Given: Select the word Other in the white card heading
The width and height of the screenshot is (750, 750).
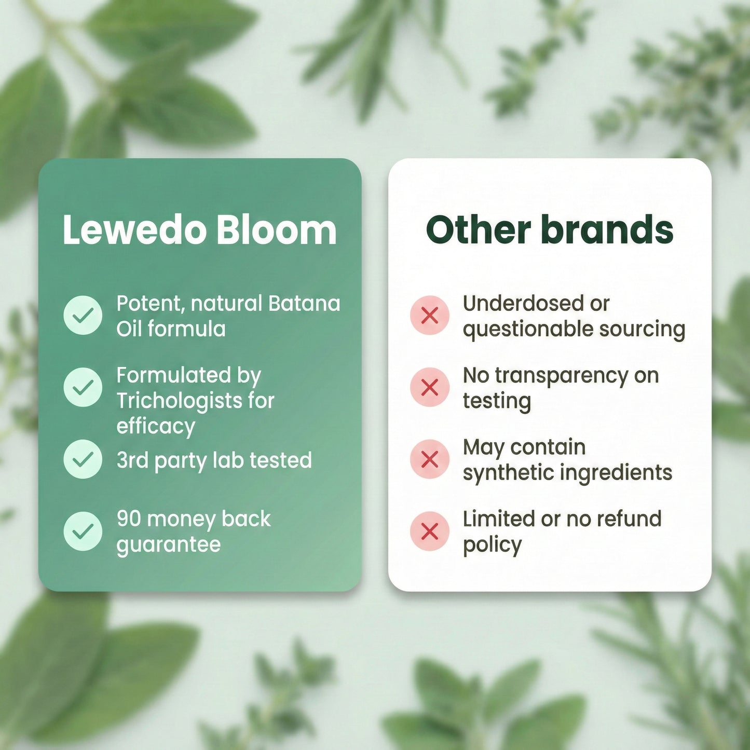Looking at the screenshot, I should (478, 230).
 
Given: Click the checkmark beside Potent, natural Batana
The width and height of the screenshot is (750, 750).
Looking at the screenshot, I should (83, 315).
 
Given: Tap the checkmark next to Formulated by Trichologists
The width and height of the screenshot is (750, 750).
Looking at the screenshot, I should (83, 387).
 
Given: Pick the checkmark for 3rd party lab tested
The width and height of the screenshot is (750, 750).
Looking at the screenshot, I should (83, 459).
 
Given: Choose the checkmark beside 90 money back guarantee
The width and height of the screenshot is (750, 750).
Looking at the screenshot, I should (83, 531).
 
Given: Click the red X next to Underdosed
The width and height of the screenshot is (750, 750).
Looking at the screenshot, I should (429, 315).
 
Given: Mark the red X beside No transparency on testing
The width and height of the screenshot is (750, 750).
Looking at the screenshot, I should (429, 387).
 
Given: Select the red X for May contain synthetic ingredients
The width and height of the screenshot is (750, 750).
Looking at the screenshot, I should (429, 459).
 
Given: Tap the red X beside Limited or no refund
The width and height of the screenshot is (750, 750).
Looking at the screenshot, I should (429, 531).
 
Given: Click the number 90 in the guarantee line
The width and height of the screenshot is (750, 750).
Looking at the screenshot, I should (129, 519).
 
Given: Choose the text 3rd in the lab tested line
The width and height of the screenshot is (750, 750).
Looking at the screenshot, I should (132, 460).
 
